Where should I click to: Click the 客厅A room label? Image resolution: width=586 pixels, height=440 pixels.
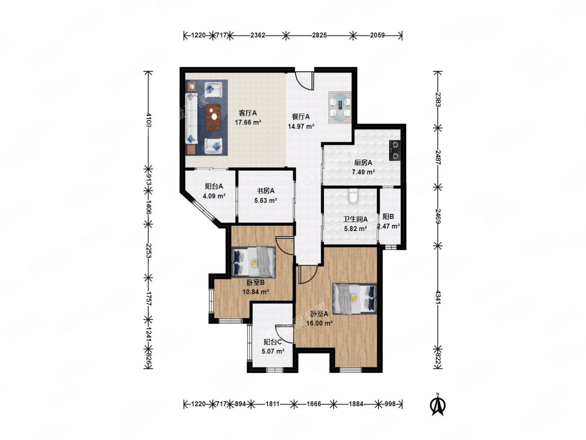coord(248,113)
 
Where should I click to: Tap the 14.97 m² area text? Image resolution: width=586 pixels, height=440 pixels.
coord(301,126)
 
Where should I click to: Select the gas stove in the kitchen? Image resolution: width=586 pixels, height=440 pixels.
coord(395,150)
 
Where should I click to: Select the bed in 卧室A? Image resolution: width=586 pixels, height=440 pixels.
coord(354,298)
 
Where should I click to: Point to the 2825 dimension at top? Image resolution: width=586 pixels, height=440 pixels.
coord(319,35)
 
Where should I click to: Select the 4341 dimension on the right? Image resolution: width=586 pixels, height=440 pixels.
coord(438,297)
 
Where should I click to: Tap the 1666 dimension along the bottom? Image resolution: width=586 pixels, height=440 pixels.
coord(313,404)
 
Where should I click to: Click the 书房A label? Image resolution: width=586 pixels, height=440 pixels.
coord(266,191)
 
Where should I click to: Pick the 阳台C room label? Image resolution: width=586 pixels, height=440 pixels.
coord(273,342)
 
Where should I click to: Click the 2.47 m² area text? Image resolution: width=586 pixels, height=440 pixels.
coord(389,226)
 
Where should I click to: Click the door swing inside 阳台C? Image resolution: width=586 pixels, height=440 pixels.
coord(284,334)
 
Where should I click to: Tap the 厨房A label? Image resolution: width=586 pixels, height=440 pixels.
coord(363,162)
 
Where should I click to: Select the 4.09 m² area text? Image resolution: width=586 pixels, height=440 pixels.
coord(215,196)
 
